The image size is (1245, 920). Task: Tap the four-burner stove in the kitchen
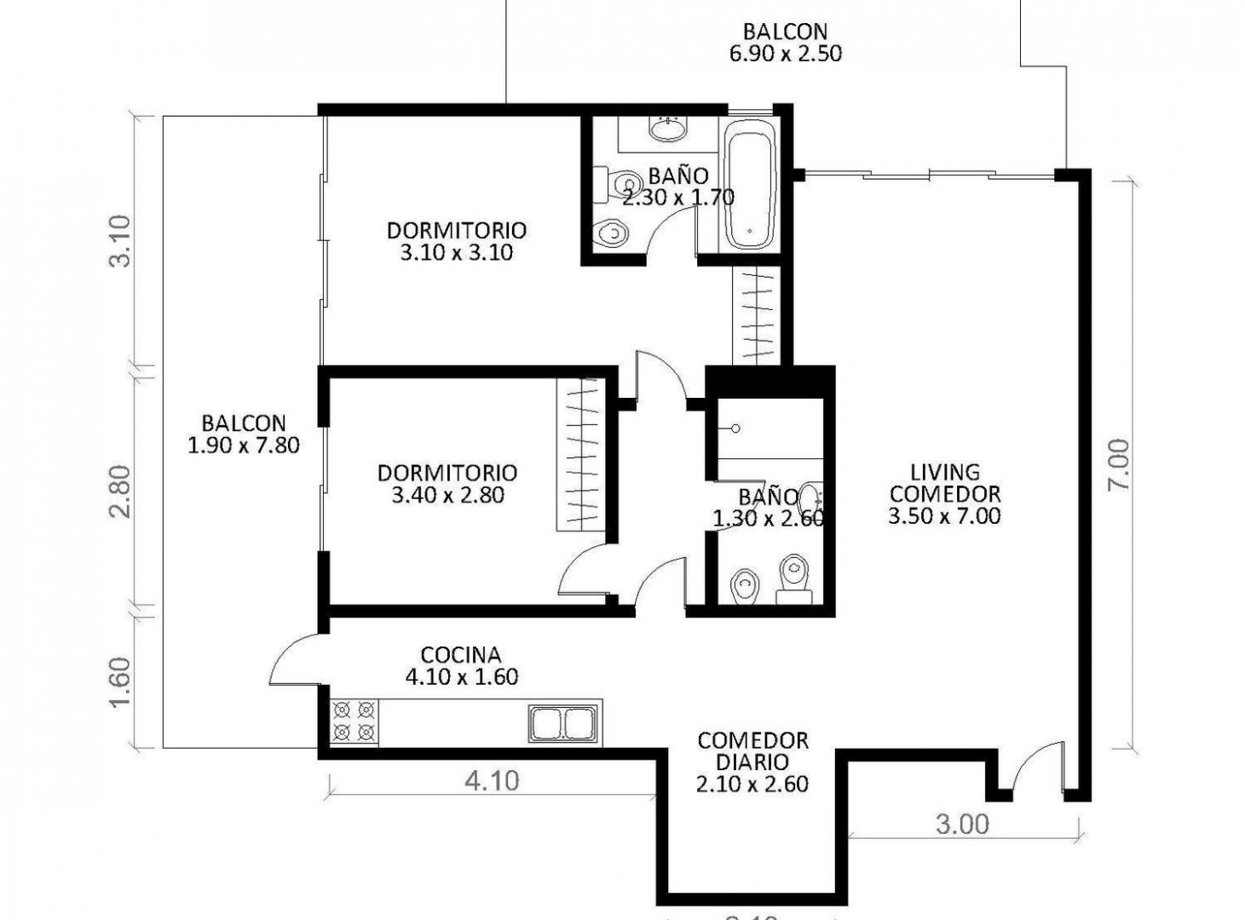pyautogui.click(x=354, y=722)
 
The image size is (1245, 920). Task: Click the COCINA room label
pyautogui.click(x=461, y=666)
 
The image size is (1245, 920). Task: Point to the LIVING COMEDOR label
pyautogui.click(x=944, y=494)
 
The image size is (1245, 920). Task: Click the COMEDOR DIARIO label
pyautogui.click(x=752, y=762)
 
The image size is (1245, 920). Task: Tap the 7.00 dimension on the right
pyautogui.click(x=1118, y=464)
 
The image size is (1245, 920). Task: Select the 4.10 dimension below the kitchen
pyautogui.click(x=492, y=780)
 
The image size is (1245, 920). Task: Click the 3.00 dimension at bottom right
pyautogui.click(x=962, y=824)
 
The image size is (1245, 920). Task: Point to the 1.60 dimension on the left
pyautogui.click(x=120, y=681)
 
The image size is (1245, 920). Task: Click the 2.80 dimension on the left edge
pyautogui.click(x=120, y=491)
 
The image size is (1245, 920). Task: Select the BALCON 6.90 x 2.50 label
pyautogui.click(x=785, y=43)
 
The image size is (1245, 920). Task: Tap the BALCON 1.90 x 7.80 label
pyautogui.click(x=244, y=434)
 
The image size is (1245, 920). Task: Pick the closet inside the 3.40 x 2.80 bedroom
pyautogui.click(x=581, y=455)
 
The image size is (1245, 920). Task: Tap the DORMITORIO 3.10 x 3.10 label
pyautogui.click(x=457, y=241)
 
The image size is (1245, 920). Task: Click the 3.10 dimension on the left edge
pyautogui.click(x=120, y=241)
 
